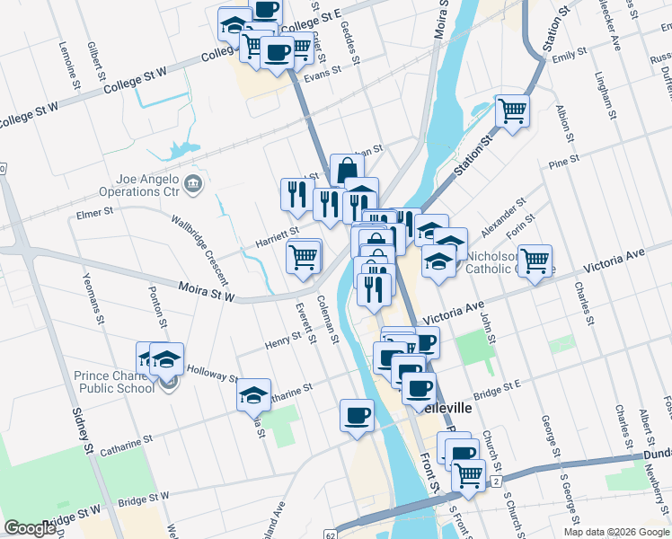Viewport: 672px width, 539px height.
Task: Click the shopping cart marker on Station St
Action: (512, 111)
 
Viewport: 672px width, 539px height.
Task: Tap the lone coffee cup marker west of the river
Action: (357, 416)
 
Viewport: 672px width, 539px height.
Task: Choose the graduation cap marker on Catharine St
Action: (254, 393)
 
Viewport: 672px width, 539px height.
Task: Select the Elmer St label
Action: (94, 213)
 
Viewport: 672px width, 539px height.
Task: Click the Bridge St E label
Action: (498, 390)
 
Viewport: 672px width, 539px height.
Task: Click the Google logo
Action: (31, 528)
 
